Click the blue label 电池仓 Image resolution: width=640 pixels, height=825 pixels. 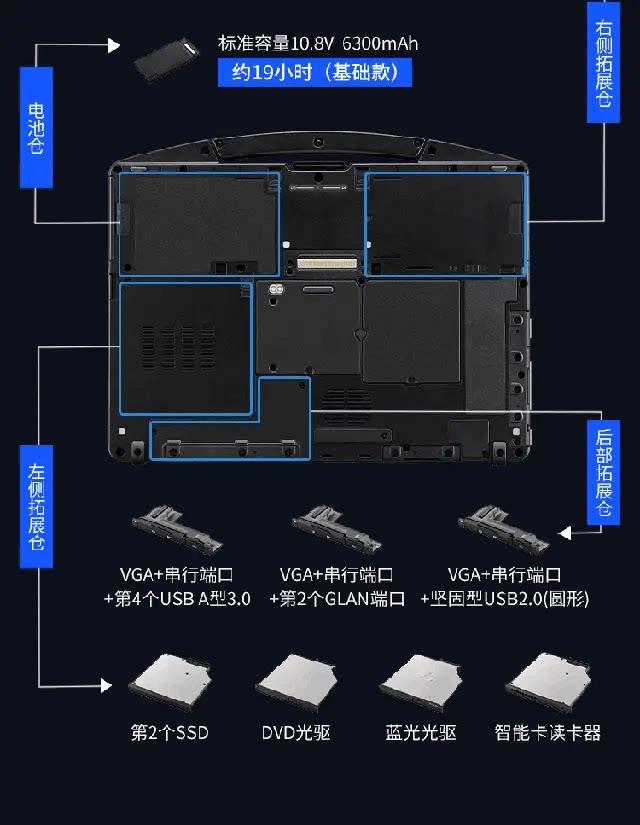(x=36, y=127)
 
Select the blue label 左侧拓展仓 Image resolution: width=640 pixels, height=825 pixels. (x=37, y=504)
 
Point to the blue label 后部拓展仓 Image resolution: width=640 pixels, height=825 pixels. (x=604, y=471)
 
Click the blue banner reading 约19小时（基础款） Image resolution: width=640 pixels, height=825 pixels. (x=314, y=72)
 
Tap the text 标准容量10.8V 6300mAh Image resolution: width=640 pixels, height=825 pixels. (x=318, y=43)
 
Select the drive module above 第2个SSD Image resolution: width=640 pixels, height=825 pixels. (x=167, y=684)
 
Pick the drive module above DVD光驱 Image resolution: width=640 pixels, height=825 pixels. (x=295, y=684)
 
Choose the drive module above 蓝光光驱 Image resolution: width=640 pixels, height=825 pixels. (x=421, y=684)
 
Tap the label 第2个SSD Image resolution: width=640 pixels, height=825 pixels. (x=170, y=733)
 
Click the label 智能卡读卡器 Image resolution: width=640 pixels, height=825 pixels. (x=548, y=733)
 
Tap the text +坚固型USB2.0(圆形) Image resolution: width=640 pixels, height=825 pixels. (x=505, y=599)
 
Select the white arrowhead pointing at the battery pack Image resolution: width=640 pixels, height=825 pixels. (x=113, y=45)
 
